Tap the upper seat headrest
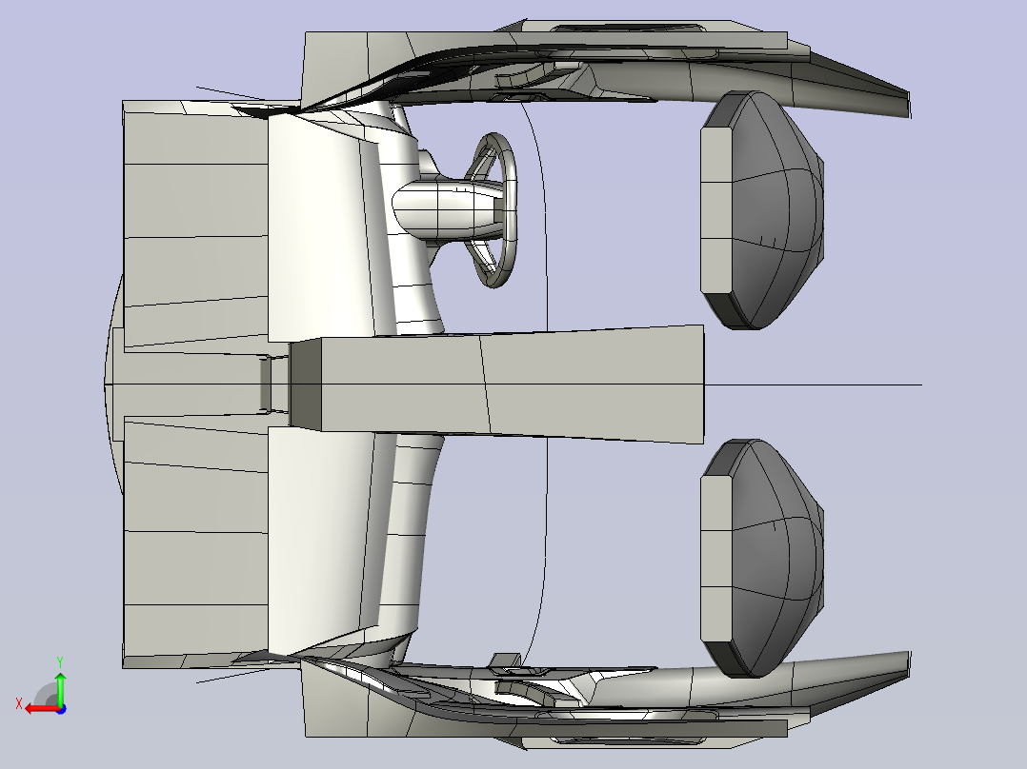pos(762,209)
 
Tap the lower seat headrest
pos(762,558)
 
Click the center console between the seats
pos(497,384)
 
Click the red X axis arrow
pos(43,709)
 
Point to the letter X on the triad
pos(19,704)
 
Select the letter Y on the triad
pos(60,661)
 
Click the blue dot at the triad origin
pos(61,709)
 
